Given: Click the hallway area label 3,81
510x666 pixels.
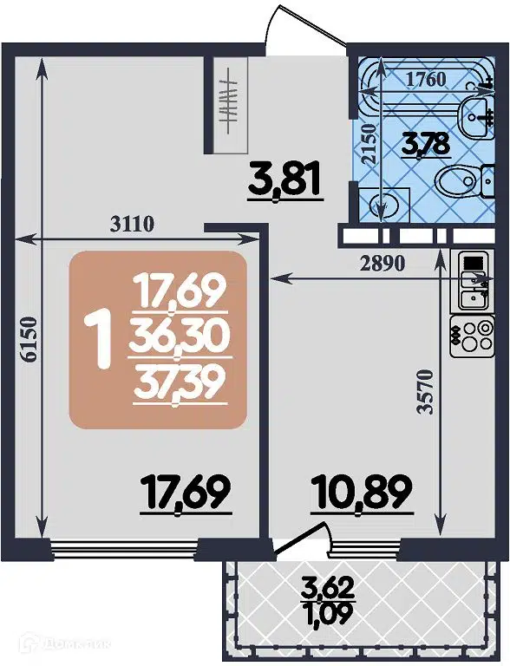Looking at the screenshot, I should point(284,180).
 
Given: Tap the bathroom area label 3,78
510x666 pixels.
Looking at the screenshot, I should point(425,143).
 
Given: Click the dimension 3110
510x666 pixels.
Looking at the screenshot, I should point(131,224).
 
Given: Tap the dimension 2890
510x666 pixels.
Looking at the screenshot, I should point(382,264).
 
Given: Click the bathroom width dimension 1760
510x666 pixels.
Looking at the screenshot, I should point(427,80).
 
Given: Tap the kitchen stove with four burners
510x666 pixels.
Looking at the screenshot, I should point(469,333).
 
